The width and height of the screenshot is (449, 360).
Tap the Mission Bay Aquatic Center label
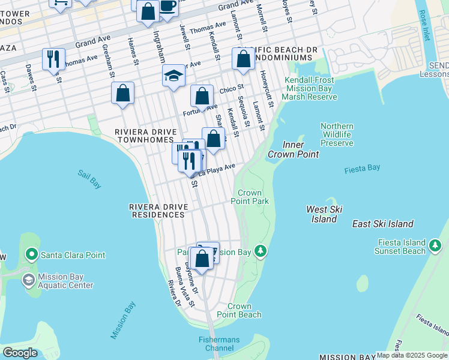point(65,281)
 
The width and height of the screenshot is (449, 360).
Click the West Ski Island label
point(324,214)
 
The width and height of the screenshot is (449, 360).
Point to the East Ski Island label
point(382,224)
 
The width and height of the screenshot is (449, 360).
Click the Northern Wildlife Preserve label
point(337,135)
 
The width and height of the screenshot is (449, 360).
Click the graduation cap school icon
point(173,76)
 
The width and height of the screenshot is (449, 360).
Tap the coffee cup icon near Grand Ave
point(167,6)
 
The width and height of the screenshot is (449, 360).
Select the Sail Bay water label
point(89,179)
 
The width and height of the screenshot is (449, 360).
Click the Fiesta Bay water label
point(362,169)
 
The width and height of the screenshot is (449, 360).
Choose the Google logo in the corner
point(20,352)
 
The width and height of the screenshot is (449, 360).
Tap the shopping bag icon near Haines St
point(122,93)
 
